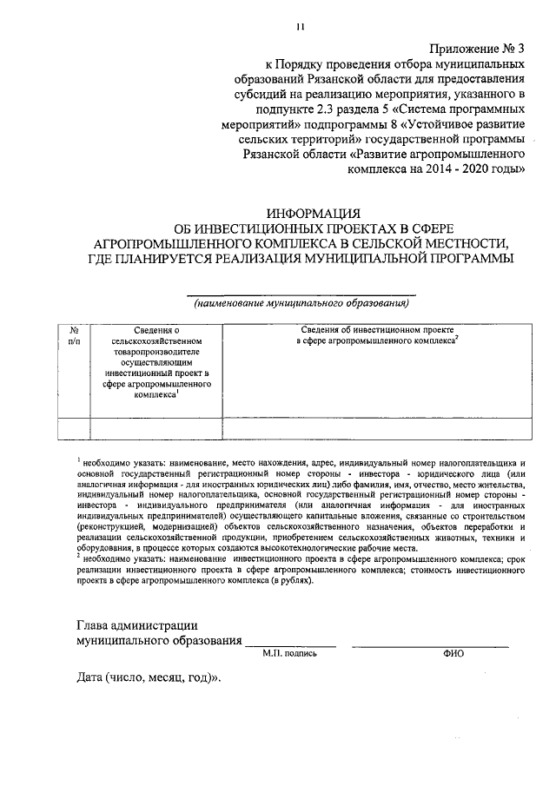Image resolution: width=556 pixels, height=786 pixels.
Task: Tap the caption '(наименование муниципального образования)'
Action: click(301, 304)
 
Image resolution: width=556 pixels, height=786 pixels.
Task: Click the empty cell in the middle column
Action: click(156, 428)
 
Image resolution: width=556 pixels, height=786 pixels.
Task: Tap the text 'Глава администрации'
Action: click(136, 624)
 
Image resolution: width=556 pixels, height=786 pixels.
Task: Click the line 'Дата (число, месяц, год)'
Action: click(148, 677)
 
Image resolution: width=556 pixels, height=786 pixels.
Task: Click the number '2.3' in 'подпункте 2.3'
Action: click(329, 110)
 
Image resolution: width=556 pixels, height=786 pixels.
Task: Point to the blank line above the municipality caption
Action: click(301, 294)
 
